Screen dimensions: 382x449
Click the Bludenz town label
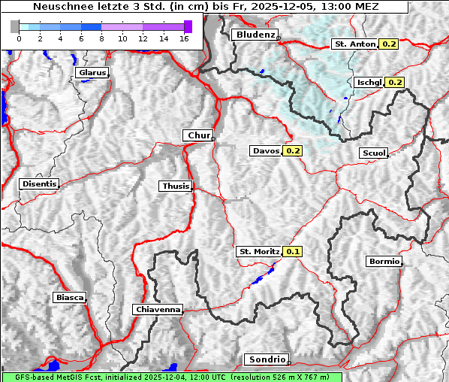pos(254,35)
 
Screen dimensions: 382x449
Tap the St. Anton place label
pos(354,44)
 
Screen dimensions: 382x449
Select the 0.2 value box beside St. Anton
pos(389,44)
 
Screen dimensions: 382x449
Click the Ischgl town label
pos(369,82)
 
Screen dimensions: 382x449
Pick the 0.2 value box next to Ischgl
pos(395,82)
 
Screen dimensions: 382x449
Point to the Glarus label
pos(91,73)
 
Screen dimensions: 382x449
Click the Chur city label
pos(198,135)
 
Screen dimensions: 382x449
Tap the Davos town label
pos(266,151)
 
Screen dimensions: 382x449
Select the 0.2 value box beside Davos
pos(292,151)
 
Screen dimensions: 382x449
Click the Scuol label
pos(373,153)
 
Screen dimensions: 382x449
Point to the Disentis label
pos(38,184)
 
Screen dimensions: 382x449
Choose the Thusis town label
pos(175,186)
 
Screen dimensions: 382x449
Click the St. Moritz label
pos(258,252)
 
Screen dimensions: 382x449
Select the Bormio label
pos(384,262)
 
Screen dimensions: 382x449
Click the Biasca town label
pos(69,298)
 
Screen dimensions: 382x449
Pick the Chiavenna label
pos(158,309)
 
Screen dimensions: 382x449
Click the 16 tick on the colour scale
pos(183,38)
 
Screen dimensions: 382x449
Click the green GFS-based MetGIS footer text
pos(171,377)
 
